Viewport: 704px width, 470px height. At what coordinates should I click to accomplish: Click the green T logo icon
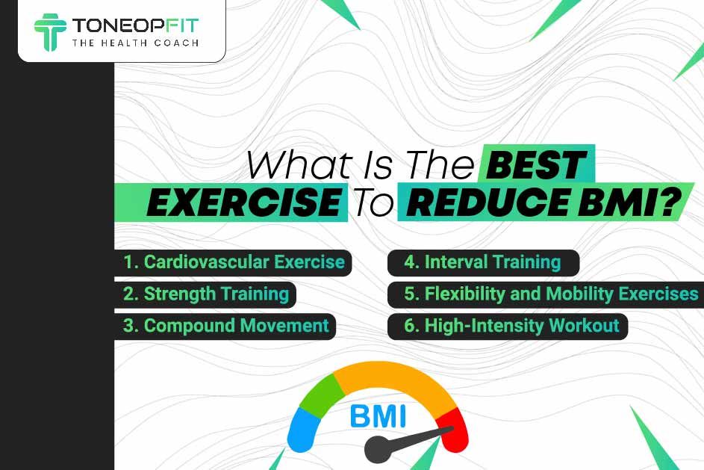tap(50, 32)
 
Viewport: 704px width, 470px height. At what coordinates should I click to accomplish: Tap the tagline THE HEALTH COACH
tap(135, 43)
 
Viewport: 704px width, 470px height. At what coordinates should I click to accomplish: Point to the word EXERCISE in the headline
tap(244, 202)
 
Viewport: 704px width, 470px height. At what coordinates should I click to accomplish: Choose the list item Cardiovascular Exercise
tap(234, 262)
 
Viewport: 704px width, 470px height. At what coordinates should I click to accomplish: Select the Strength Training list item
tap(205, 294)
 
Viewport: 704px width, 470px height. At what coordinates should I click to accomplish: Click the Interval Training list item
tap(483, 262)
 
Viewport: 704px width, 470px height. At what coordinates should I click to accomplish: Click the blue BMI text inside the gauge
tap(378, 416)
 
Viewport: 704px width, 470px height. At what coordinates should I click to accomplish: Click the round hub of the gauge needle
tap(378, 449)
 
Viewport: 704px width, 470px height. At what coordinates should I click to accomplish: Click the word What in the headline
tap(299, 165)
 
